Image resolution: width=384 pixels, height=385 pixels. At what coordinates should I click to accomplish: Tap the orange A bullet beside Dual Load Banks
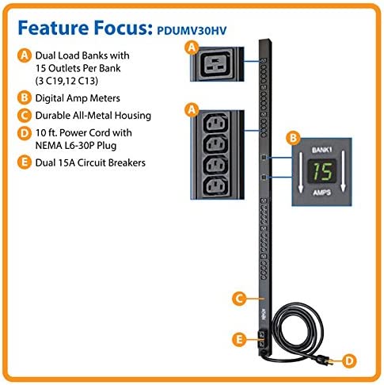25,56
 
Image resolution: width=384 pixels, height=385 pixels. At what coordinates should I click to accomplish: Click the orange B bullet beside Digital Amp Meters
25,100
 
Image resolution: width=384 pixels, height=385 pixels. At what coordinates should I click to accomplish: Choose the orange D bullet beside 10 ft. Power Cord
25,132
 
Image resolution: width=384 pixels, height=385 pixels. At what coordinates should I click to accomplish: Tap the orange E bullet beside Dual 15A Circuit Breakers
25,163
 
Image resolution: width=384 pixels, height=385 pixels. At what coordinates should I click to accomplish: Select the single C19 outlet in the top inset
214,64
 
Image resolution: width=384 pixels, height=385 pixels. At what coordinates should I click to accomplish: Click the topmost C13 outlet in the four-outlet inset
214,125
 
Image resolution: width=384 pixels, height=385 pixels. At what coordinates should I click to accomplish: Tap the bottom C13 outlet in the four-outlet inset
214,188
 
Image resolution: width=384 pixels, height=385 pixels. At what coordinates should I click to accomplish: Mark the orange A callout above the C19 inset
189,48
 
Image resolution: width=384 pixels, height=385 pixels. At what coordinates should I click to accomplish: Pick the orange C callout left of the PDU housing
237,299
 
